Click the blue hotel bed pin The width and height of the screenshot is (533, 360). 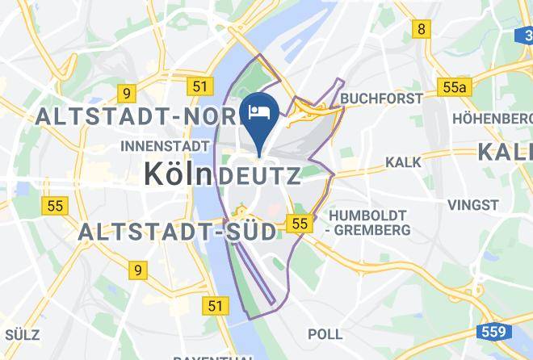(260, 114)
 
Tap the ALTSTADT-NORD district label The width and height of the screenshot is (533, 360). (137, 117)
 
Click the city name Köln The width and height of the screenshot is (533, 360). (178, 174)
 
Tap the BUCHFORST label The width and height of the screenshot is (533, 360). (382, 98)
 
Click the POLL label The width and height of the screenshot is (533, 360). (325, 333)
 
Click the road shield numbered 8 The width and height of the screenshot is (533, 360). (421, 30)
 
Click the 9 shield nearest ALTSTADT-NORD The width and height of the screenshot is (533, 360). (124, 93)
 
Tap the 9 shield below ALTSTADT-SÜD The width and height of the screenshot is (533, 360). (140, 270)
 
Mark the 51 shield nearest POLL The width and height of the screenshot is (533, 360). (214, 305)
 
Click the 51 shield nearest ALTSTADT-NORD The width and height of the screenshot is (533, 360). (200, 86)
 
